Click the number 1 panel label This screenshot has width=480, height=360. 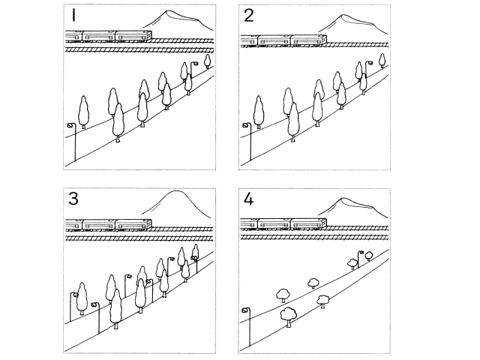(73, 15)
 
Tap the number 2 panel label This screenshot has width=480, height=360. (249, 16)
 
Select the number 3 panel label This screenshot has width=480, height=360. (73, 199)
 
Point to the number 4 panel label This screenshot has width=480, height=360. (248, 199)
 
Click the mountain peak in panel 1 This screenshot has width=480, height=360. (167, 12)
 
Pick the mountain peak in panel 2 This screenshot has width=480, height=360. (343, 16)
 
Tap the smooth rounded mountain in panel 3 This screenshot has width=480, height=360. (177, 192)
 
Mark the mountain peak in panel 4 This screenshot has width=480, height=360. (343, 199)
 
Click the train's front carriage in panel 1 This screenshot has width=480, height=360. (133, 36)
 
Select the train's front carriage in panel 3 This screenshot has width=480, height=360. (133, 224)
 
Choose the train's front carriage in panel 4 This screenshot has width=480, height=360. (308, 223)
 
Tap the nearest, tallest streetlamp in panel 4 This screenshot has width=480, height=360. (250, 327)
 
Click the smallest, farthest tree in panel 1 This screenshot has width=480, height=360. (208, 61)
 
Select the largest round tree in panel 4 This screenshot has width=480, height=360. (288, 315)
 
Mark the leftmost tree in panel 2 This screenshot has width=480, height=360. (259, 112)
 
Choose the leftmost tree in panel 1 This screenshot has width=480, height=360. (83, 112)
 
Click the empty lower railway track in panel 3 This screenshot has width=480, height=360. (139, 238)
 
